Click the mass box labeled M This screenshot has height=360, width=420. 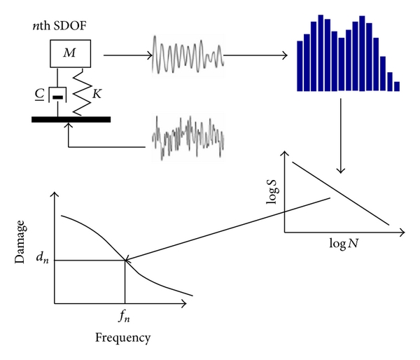(x=71, y=54)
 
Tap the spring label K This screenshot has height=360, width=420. (x=97, y=94)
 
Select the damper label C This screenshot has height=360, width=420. (x=40, y=95)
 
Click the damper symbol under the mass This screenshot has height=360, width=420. (x=57, y=95)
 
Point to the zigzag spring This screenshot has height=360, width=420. (x=83, y=92)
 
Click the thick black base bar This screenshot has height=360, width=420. (x=71, y=120)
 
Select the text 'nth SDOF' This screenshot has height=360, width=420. (x=59, y=26)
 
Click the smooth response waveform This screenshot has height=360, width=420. (x=188, y=55)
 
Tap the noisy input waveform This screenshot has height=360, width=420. (x=188, y=137)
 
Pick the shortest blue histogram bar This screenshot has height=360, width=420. (x=397, y=86)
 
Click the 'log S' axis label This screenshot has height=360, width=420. (x=272, y=191)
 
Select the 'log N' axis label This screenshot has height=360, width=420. (x=344, y=244)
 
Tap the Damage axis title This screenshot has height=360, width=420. (x=20, y=242)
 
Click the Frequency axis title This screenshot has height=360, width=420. (x=123, y=338)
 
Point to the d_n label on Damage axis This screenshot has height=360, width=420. (x=43, y=258)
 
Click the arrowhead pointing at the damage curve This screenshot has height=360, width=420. (x=127, y=259)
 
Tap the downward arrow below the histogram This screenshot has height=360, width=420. (x=341, y=136)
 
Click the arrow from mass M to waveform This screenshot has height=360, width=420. (x=128, y=55)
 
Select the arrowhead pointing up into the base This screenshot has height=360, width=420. (x=69, y=125)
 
